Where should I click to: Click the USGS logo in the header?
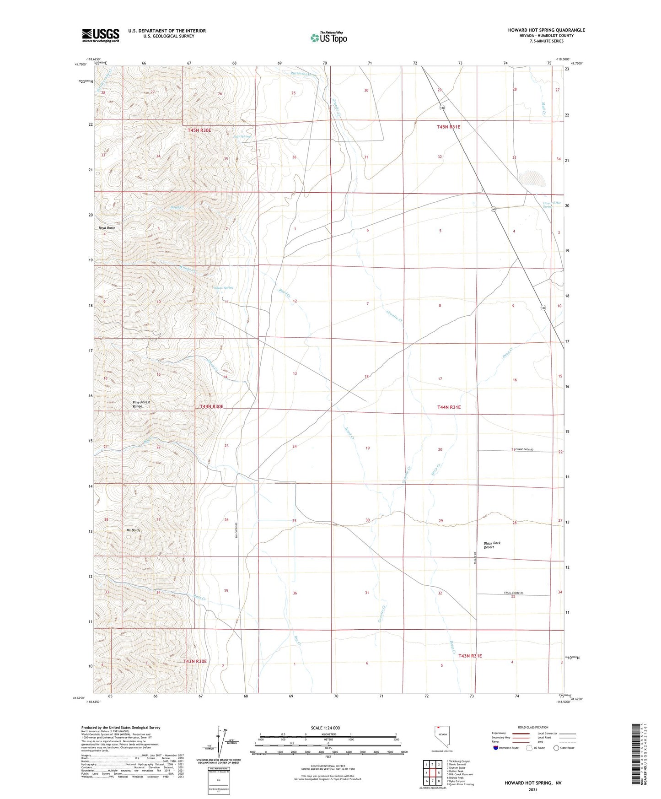pos(101,35)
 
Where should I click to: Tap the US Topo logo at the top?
pos(328,37)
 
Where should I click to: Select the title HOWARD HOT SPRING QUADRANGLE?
pos(546,30)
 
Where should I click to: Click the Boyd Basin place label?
pos(107,227)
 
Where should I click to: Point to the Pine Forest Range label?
pos(141,404)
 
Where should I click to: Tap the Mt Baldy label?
pos(133,530)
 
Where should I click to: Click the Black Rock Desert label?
pos(492,545)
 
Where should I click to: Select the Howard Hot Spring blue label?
pos(552,205)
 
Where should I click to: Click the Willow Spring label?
pos(223,288)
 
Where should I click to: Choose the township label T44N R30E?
pos(211,406)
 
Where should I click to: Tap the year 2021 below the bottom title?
pos(532,790)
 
